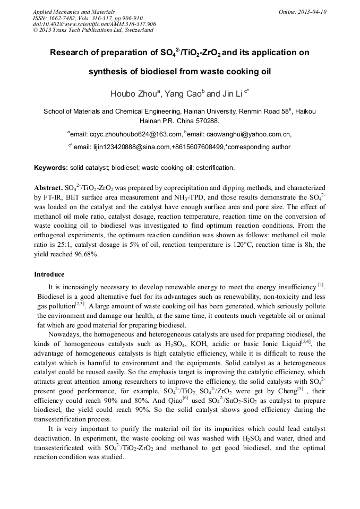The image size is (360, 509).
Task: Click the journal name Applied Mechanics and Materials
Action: click(x=66, y=11)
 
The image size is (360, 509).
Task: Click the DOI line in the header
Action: click(x=94, y=24)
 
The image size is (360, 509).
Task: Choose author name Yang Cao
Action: click(x=185, y=94)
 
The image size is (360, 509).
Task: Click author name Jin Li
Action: click(x=229, y=94)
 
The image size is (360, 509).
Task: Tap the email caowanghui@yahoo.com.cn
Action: click(x=246, y=135)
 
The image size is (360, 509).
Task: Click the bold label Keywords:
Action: click(x=51, y=168)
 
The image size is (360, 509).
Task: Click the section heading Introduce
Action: click(x=49, y=274)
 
